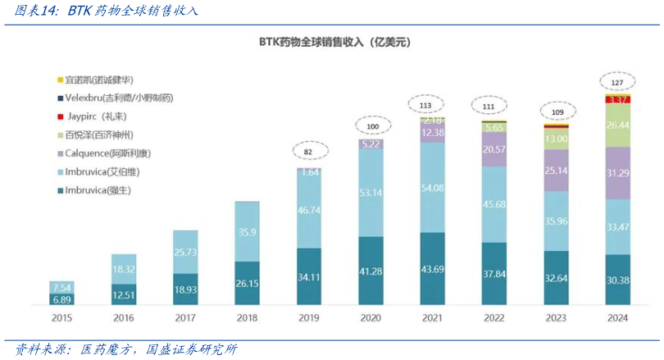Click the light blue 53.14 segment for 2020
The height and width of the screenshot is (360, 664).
pos(371,193)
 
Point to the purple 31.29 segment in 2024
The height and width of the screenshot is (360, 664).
pos(618,173)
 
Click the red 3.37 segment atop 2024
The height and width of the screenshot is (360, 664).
pos(618,99)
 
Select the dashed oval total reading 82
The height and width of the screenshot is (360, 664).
pos(308,152)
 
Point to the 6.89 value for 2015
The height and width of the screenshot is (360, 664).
pos(62,300)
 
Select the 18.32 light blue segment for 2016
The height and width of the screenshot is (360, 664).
pos(123,268)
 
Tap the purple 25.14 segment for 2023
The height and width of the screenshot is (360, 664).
pos(556,171)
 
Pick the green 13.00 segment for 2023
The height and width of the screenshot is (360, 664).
pos(556,139)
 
